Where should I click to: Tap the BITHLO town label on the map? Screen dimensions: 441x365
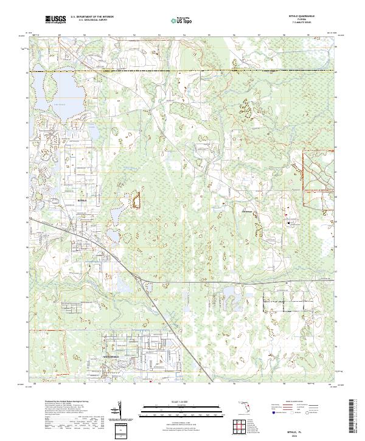(x=83, y=199)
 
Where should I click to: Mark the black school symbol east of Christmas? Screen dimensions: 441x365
(x=288, y=223)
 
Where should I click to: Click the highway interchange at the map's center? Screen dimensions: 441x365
(x=144, y=280)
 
